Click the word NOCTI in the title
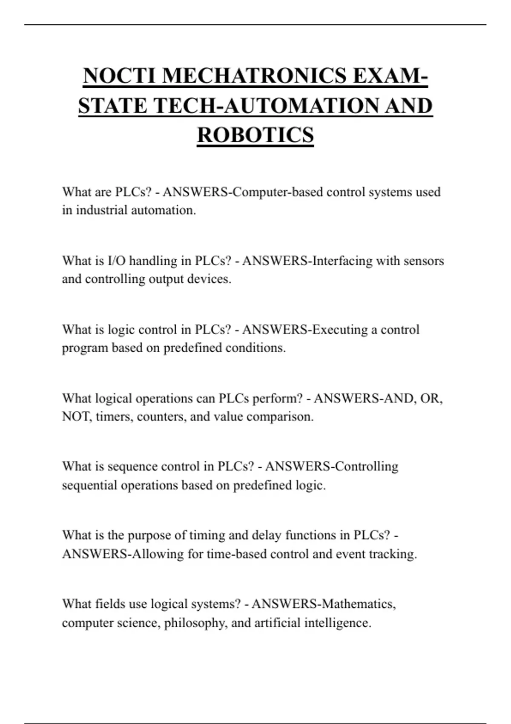tap(120, 76)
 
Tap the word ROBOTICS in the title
tap(255, 135)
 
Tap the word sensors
tap(423, 261)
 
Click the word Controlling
tap(364, 466)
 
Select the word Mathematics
tap(359, 604)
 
